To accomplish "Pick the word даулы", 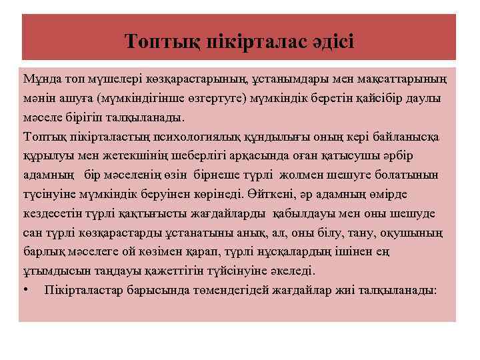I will click(x=427, y=99).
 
